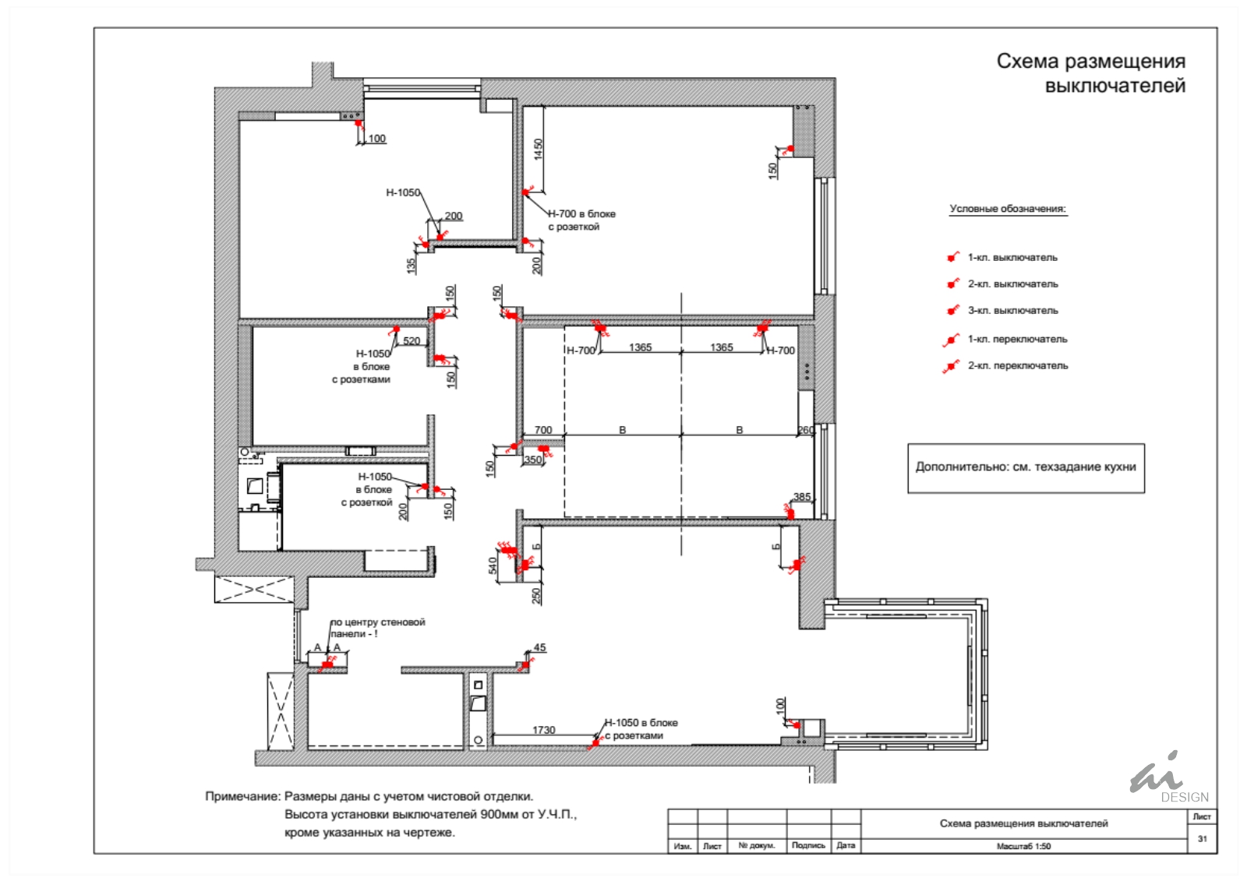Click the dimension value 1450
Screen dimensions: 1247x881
(x=538, y=150)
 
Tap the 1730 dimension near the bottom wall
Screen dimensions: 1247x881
(x=544, y=730)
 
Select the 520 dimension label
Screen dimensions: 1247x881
(x=412, y=340)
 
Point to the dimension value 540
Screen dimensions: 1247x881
(x=492, y=566)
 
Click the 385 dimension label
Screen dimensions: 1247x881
(x=802, y=496)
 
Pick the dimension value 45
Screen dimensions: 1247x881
(x=539, y=647)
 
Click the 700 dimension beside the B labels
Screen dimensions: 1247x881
(x=542, y=430)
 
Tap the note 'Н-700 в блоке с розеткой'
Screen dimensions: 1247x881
(x=581, y=220)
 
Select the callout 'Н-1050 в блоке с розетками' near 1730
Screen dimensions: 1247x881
(x=641, y=728)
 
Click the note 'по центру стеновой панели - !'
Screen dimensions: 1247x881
(x=378, y=628)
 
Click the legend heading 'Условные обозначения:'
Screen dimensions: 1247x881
(x=1008, y=209)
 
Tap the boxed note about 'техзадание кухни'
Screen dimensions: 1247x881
(x=1026, y=467)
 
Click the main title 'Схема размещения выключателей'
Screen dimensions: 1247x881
(x=1090, y=73)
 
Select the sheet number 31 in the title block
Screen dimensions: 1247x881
(x=1203, y=839)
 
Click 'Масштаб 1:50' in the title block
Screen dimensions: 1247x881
(x=1024, y=846)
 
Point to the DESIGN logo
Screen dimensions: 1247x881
(x=1169, y=777)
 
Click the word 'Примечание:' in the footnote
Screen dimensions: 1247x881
(x=242, y=796)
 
